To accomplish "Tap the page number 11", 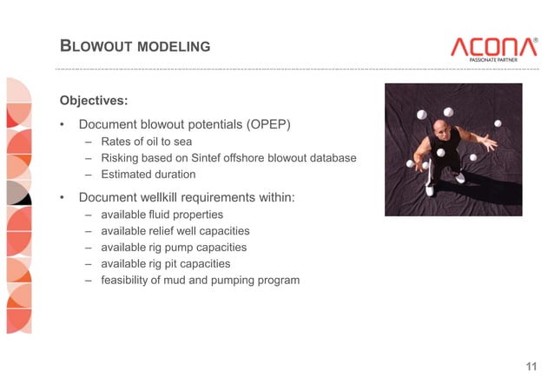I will pos(531,366).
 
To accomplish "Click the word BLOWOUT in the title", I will pos(95,45).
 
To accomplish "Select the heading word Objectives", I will pos(93,100).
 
